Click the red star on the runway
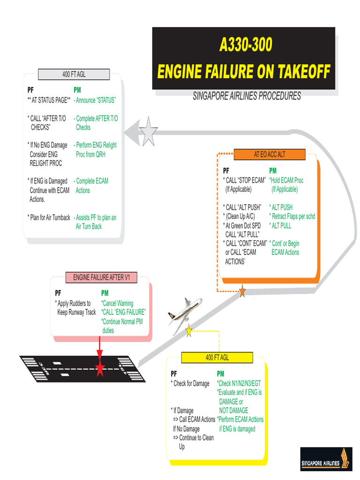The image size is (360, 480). pos(99,369)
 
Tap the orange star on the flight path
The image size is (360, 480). pos(242,292)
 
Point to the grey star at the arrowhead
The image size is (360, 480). pos(149,132)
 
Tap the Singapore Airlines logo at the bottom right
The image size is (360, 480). pos(326,459)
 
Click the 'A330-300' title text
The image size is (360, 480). pos(246,45)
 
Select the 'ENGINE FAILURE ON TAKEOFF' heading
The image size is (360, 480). pos(244,72)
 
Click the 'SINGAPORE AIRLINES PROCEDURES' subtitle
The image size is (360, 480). pos(247,96)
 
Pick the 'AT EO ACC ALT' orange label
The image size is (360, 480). pos(269,154)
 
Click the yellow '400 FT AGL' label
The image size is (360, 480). pos(217,358)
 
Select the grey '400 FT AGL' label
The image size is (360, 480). pos(74,74)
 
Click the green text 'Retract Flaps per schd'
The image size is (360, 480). pos(292,216)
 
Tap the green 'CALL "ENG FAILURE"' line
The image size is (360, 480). pos(124,312)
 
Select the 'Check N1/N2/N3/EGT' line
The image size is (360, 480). pos(239,383)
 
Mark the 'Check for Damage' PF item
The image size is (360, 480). pos(190,383)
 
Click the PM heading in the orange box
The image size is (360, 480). pos(273,171)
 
